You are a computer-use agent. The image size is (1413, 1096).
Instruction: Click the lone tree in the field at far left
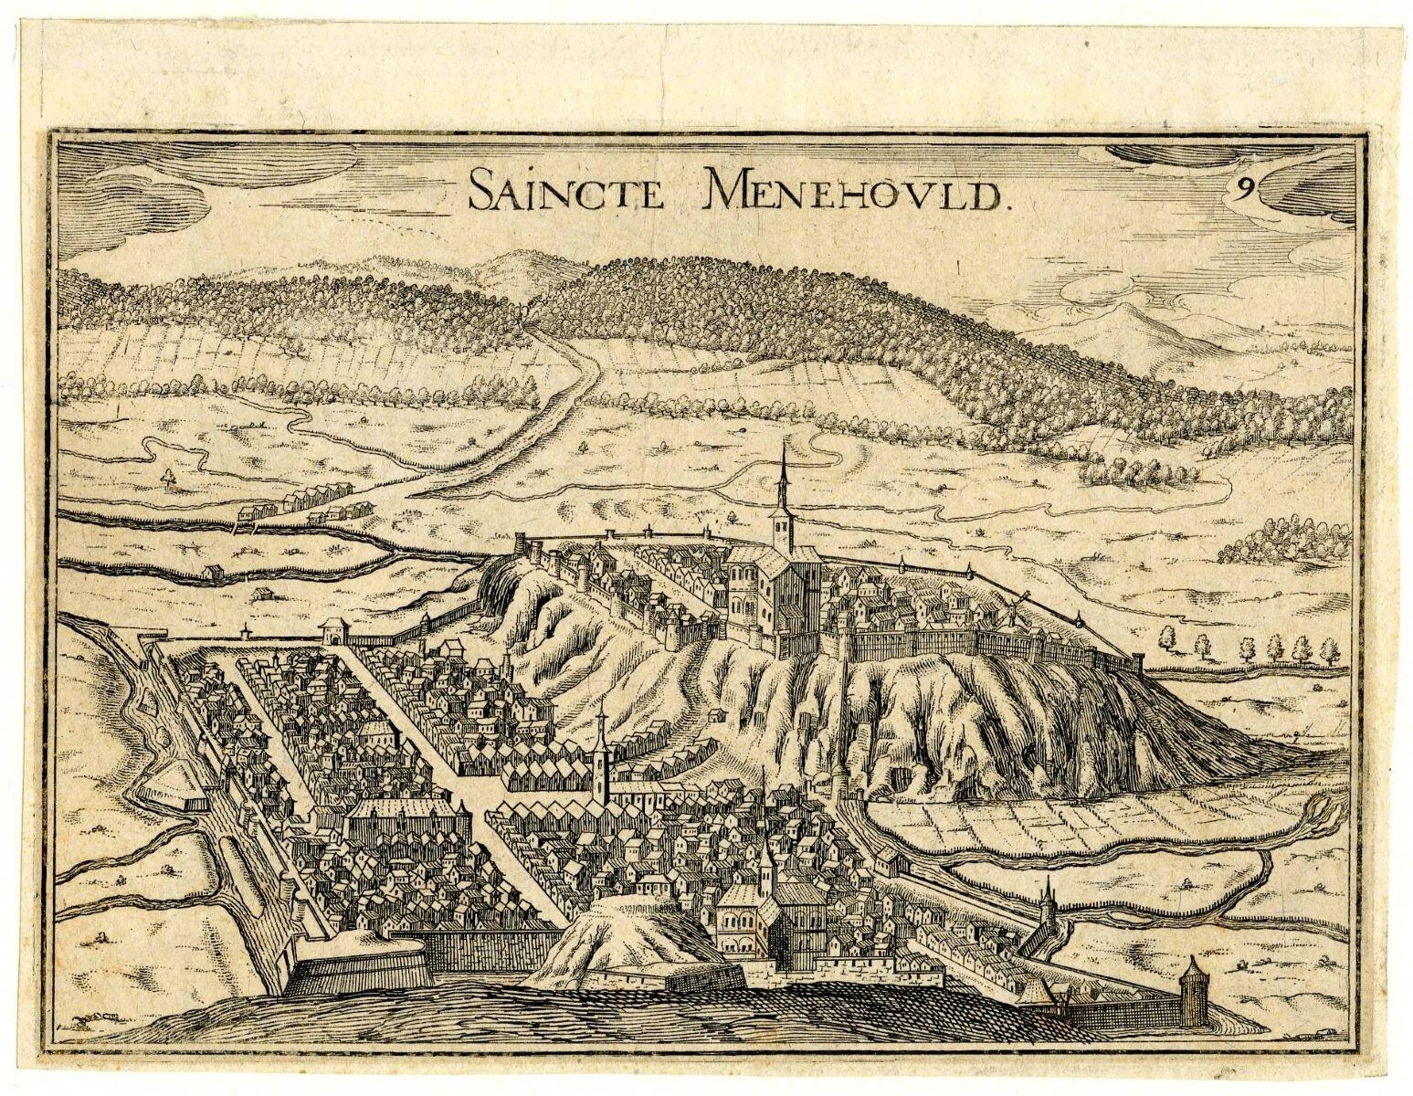click(166, 475)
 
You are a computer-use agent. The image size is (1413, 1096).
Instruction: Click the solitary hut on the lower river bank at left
click(264, 594)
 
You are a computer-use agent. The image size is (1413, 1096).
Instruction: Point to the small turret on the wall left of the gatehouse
click(246, 629)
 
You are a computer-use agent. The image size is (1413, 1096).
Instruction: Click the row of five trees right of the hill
click(1242, 649)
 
